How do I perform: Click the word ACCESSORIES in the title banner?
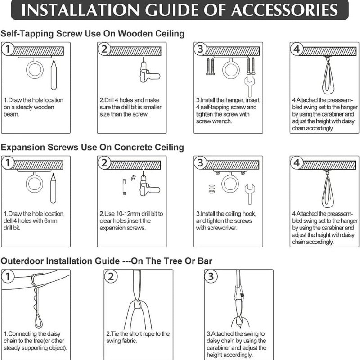(284, 10)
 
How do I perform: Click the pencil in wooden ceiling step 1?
(54, 75)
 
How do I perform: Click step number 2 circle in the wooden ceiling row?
(104, 49)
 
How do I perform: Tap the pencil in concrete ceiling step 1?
(53, 188)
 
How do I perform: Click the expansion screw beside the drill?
(125, 187)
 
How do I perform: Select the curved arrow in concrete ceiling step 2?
(133, 178)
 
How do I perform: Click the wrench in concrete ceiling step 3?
(250, 194)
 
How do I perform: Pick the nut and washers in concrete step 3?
(211, 189)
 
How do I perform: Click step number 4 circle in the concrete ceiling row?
(297, 163)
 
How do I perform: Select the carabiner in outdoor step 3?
(239, 293)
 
